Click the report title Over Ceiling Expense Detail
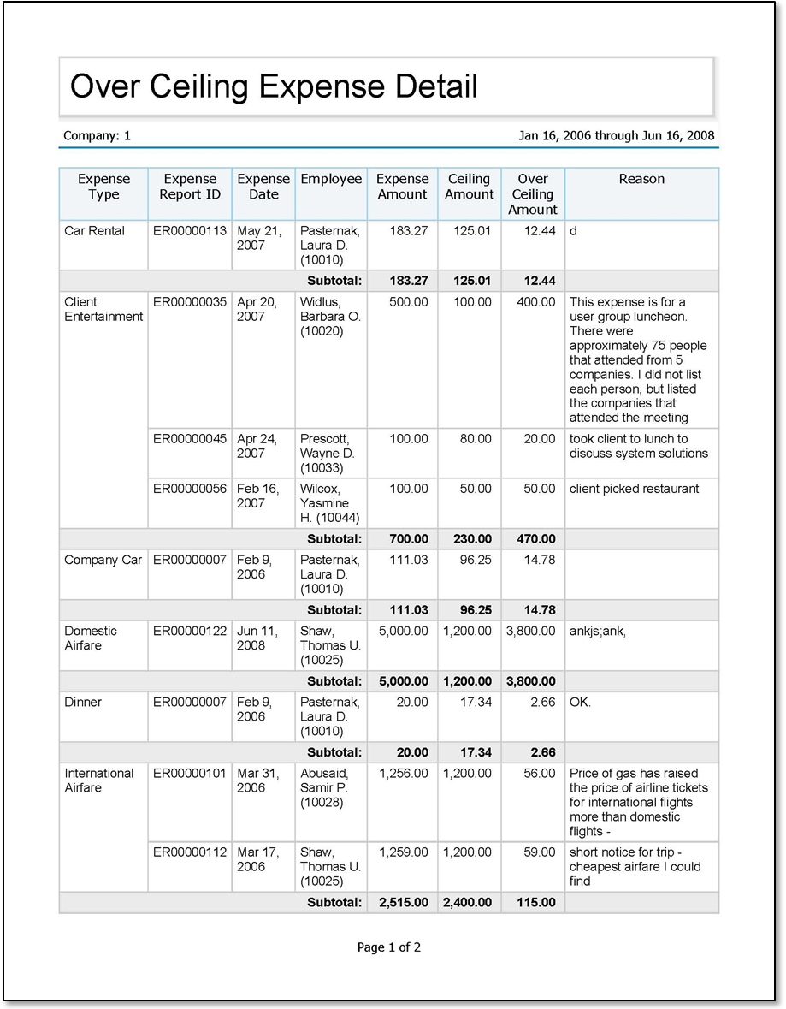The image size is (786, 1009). [274, 86]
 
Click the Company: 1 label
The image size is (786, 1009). [97, 135]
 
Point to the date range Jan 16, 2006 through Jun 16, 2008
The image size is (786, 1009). [616, 135]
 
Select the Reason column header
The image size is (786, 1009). [641, 179]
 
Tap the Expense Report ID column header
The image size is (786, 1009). [190, 187]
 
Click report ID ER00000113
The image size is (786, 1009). [190, 230]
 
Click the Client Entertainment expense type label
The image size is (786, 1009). [103, 309]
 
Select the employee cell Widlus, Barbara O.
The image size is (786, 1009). [330, 316]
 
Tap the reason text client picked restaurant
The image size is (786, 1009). [634, 489]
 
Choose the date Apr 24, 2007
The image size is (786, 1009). [257, 446]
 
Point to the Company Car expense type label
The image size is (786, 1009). [103, 560]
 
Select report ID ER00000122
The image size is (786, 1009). [190, 631]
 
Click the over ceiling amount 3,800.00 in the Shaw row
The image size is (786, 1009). [531, 631]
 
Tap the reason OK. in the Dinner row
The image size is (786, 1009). [580, 702]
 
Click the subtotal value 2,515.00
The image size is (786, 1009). [403, 902]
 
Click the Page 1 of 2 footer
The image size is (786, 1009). [389, 947]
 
